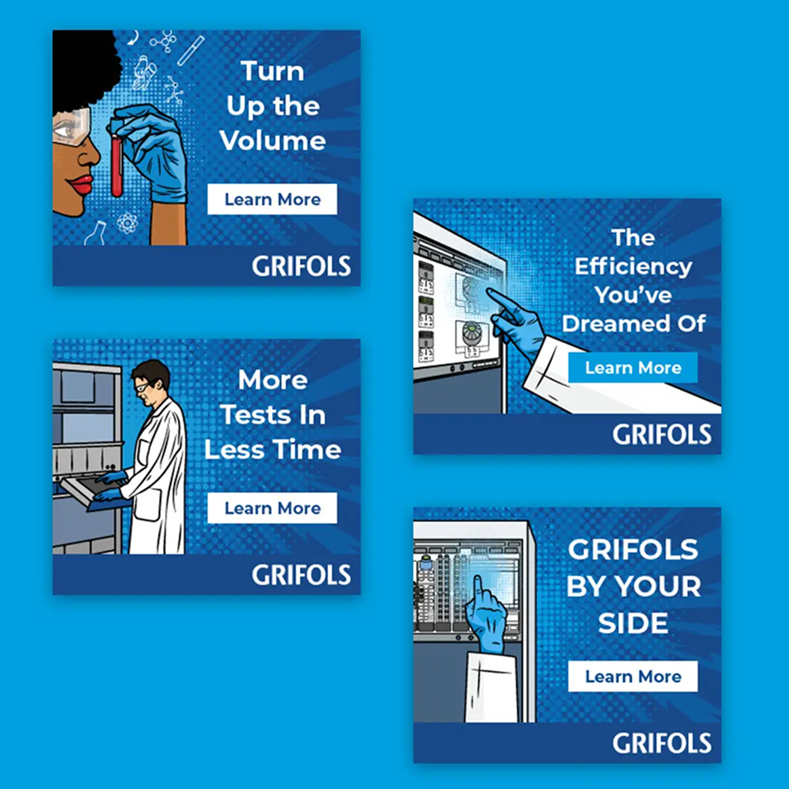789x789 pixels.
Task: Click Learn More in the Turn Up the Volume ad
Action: (272, 199)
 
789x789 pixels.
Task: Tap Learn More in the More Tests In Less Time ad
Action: (272, 508)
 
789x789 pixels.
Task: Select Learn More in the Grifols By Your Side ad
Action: (633, 676)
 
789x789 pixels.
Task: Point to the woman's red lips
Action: (81, 185)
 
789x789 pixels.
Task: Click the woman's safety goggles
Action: (71, 126)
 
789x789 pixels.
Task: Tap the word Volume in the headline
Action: (273, 140)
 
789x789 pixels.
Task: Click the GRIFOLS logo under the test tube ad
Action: (302, 266)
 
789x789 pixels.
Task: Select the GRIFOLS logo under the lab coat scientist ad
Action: (302, 574)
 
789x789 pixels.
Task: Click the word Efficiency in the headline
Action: (633, 267)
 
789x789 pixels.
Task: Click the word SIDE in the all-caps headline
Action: (633, 623)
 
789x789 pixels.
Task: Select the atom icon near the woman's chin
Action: (127, 223)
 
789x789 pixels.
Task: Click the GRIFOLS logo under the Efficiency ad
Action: (662, 434)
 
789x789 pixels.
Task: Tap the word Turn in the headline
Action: (273, 71)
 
